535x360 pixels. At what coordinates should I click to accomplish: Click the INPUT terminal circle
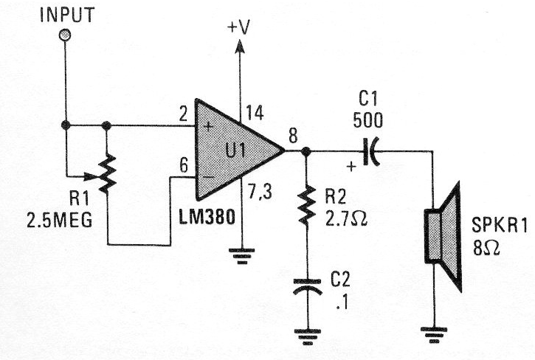[65, 35]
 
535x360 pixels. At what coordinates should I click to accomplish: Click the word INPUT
[66, 14]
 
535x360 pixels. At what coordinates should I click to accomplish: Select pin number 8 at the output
[293, 135]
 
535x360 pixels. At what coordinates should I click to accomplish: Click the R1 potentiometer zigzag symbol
[107, 175]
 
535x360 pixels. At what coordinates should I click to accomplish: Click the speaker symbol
[441, 236]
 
